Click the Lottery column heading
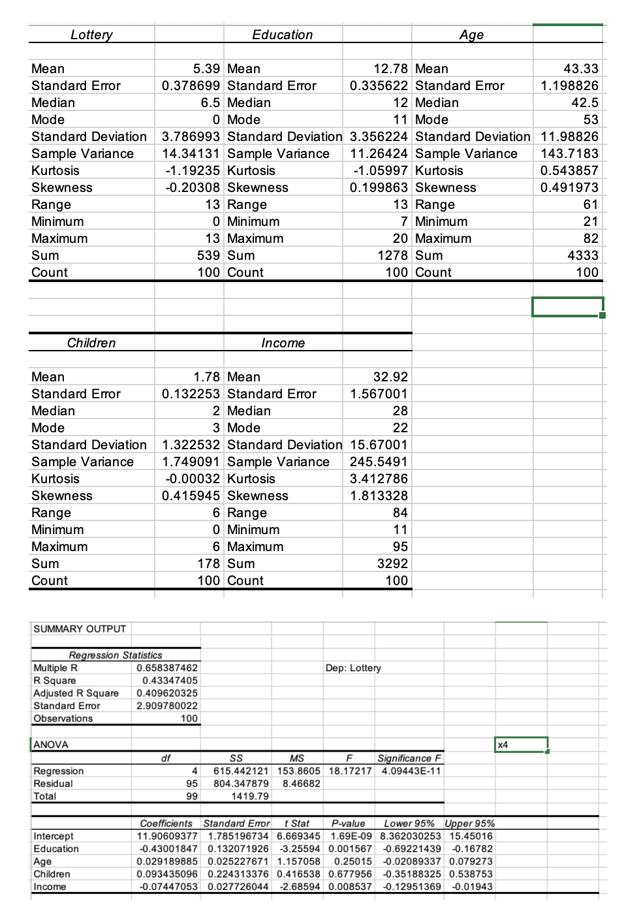click(x=91, y=35)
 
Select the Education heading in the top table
click(x=283, y=35)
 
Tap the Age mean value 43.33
click(x=580, y=69)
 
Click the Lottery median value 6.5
click(x=210, y=103)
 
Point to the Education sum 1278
click(x=392, y=255)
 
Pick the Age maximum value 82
click(x=590, y=238)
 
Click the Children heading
click(x=91, y=343)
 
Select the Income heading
click(x=283, y=343)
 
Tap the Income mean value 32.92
click(x=390, y=377)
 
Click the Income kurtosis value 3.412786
click(x=379, y=479)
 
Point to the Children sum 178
click(x=209, y=564)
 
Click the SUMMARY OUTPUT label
click(x=80, y=629)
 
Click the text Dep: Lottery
click(x=352, y=668)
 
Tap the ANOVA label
click(x=51, y=744)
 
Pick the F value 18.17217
click(x=351, y=771)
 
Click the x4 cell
click(x=521, y=744)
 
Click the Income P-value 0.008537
click(x=351, y=887)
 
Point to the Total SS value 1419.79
click(x=249, y=797)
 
